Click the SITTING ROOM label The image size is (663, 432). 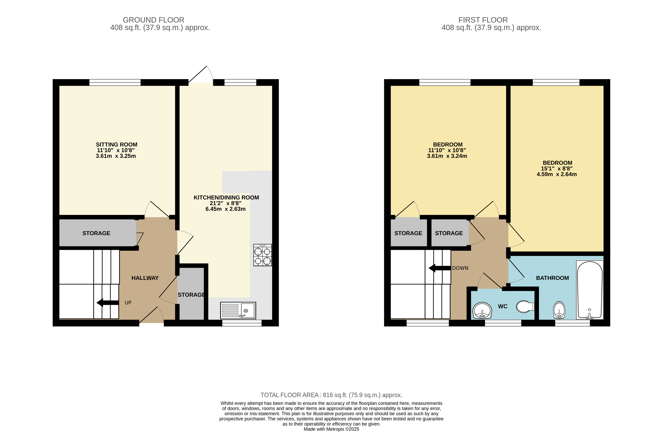(116, 145)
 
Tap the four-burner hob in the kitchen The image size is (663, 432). (262, 255)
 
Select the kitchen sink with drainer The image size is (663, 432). (238, 310)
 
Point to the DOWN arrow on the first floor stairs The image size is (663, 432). (440, 268)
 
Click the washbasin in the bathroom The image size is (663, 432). (559, 310)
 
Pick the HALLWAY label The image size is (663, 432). (145, 278)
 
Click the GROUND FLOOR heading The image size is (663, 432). (154, 20)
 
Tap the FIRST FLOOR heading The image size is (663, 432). (483, 20)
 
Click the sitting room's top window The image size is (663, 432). (115, 82)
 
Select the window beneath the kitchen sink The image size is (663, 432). (242, 323)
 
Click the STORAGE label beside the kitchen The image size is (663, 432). (191, 295)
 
